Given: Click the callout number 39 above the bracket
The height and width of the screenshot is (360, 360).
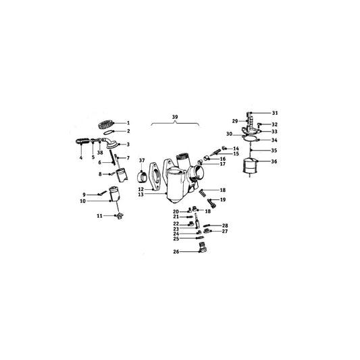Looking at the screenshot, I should tap(175, 118).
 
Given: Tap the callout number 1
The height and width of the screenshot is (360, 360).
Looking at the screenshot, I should tap(128, 122).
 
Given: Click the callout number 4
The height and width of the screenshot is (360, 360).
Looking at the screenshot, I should tap(80, 157).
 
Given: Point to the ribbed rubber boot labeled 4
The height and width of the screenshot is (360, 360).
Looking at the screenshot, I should tap(82, 142).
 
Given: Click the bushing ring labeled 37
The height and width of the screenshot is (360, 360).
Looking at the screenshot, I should tap(143, 178).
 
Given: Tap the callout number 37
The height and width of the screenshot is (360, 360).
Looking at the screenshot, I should tap(142, 160).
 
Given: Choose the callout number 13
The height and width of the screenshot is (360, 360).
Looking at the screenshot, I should tap(160, 195).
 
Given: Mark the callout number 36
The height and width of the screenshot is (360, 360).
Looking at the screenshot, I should tap(274, 161).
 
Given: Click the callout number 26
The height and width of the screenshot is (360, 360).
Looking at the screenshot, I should tap(176, 252).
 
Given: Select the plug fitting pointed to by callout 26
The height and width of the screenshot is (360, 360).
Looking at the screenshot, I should tap(201, 251).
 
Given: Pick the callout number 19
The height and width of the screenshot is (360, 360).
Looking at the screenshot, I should tap(222, 201).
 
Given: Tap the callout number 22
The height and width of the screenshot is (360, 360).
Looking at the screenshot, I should tap(176, 224).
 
